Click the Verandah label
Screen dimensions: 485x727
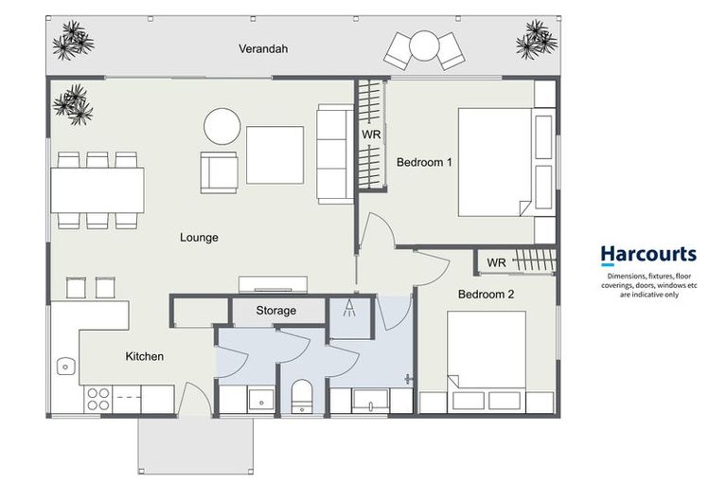pos(262,49)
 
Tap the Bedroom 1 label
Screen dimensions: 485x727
pos(424,162)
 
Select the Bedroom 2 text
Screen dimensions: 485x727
pos(486,295)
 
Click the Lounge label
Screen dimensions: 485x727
pos(199,238)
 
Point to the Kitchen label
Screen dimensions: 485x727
pos(145,356)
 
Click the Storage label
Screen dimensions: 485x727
pos(275,311)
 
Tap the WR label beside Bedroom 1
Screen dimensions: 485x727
pos(371,135)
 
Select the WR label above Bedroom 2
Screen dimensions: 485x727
pos(496,262)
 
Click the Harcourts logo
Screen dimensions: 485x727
pos(647,254)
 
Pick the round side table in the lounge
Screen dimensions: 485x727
pos(222,126)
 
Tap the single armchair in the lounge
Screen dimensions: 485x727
pos(219,173)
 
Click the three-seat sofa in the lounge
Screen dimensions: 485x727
pos(334,153)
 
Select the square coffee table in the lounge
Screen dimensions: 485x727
pos(275,155)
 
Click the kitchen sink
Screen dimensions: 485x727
pos(65,366)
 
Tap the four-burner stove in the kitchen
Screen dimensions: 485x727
pos(98,399)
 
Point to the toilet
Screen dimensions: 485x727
pos(302,396)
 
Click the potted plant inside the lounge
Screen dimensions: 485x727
pos(74,104)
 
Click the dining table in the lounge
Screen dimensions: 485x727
pos(98,190)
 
